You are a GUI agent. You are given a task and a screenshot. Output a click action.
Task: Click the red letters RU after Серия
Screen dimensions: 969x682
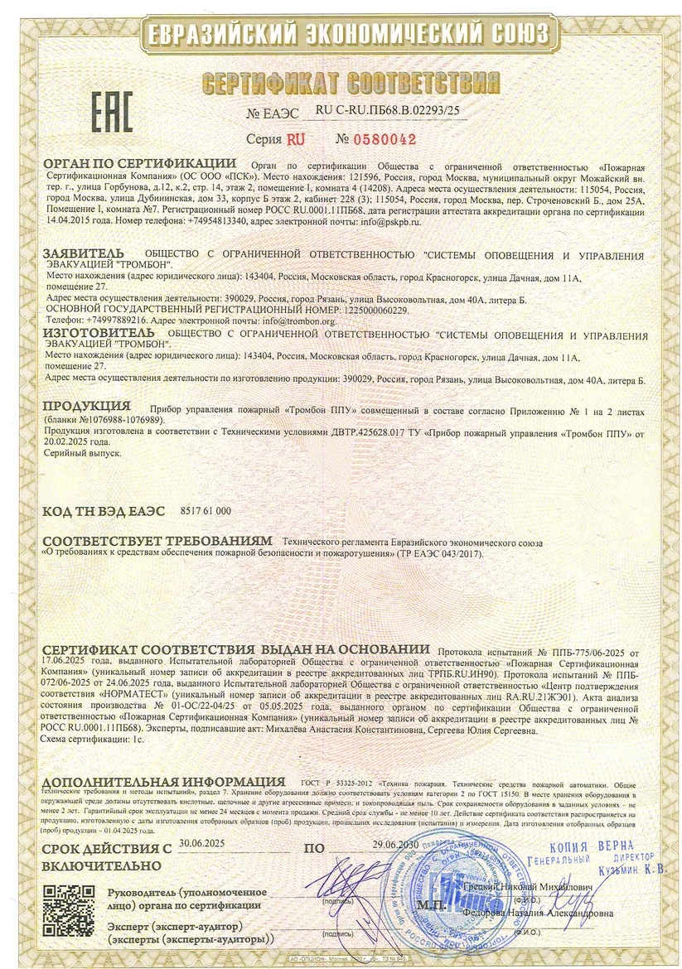295,139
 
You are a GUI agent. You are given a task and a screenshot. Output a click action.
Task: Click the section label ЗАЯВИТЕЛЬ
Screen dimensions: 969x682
84,253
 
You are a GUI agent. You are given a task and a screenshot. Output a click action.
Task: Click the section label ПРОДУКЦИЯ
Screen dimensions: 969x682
86,406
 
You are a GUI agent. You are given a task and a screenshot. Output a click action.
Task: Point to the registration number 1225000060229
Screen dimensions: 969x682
367,309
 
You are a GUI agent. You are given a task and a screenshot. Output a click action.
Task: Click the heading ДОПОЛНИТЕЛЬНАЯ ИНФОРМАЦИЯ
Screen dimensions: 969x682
158,782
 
